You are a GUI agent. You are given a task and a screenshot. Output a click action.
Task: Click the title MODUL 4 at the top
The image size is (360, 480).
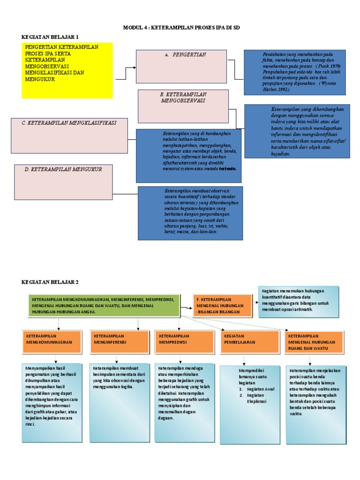181,28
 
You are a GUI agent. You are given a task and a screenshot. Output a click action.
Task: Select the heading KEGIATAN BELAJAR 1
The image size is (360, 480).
50,37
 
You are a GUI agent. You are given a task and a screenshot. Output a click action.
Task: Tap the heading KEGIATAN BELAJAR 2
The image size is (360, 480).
50,282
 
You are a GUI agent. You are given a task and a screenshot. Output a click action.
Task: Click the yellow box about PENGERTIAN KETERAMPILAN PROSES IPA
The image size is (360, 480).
67,70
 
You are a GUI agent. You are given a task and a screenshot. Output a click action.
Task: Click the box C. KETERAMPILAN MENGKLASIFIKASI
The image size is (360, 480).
69,135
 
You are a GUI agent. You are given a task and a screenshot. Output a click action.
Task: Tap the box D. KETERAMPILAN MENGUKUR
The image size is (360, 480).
63,181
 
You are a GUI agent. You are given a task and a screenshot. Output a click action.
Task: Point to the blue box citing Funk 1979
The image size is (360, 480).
294,72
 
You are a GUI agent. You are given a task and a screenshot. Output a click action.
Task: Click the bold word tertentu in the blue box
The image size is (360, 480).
228,168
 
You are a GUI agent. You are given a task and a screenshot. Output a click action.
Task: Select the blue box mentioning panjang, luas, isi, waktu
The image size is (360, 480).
190,212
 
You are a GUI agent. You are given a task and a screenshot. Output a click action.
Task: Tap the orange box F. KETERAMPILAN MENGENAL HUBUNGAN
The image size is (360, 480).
223,305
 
